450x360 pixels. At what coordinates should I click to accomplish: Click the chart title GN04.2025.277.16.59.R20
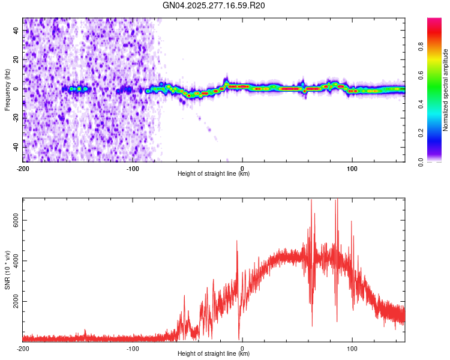tap(214, 5)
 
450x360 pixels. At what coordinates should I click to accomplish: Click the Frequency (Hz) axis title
tap(7, 90)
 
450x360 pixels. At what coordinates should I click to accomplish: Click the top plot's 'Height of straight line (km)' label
tap(214, 173)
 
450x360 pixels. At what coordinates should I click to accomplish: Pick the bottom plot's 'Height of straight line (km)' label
tap(214, 353)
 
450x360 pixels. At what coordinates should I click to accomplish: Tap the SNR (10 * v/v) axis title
tap(7, 270)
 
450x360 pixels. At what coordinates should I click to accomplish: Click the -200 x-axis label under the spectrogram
tap(23, 168)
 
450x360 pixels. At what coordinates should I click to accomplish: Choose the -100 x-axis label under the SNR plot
tap(133, 348)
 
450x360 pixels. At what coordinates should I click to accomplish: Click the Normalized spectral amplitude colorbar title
tap(445, 90)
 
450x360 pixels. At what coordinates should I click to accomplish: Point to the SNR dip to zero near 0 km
tap(239, 338)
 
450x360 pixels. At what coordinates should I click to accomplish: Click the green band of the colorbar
tap(434, 90)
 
